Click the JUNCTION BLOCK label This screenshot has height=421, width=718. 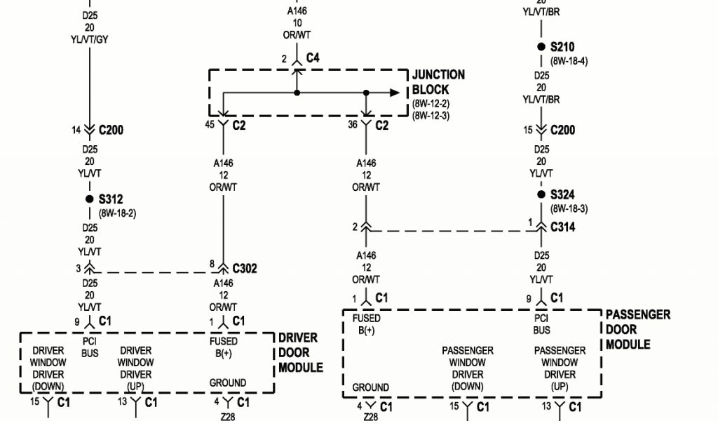click(438, 82)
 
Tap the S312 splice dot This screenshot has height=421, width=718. click(89, 199)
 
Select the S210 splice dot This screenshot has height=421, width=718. click(541, 47)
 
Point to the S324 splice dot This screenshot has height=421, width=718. click(541, 194)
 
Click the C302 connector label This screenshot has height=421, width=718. click(244, 268)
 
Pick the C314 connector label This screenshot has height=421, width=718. click(563, 227)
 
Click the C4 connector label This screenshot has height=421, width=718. click(313, 59)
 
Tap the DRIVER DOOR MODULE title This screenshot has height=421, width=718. click(300, 352)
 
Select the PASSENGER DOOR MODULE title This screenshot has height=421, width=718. click(637, 329)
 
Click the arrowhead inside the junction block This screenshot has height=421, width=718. click(395, 93)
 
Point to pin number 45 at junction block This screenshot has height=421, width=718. click(209, 125)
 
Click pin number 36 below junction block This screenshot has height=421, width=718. click(353, 125)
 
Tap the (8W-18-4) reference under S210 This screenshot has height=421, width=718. click(569, 61)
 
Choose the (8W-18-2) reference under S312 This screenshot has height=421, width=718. click(117, 213)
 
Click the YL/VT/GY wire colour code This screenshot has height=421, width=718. click(90, 39)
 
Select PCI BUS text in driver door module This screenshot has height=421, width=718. click(90, 348)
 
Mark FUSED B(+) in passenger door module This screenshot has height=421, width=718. click(366, 324)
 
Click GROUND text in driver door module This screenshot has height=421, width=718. click(227, 383)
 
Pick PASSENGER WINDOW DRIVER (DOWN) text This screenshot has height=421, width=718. click(467, 368)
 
